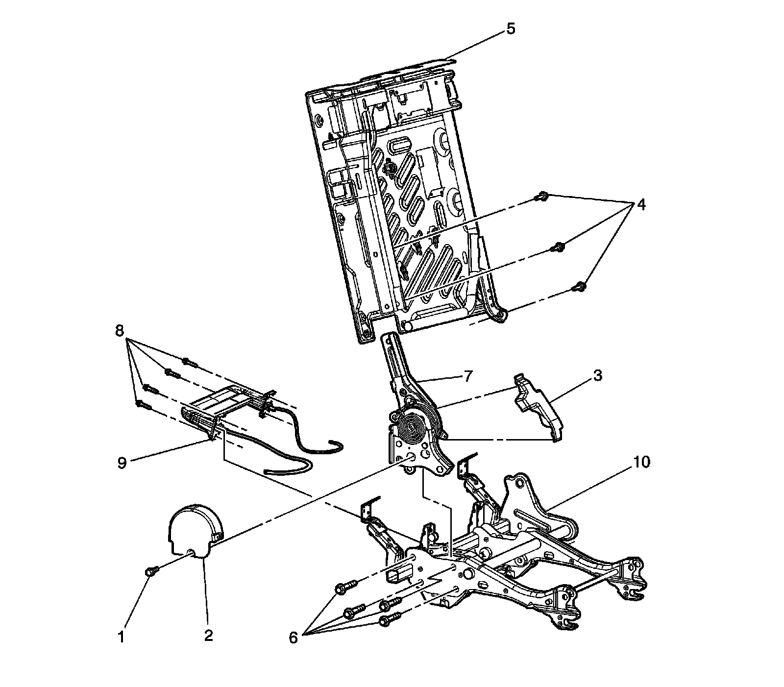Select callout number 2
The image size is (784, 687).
click(208, 636)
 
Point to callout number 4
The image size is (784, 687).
click(640, 204)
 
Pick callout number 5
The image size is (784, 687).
click(511, 29)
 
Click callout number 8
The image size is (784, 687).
click(119, 331)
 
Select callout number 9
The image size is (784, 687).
click(122, 462)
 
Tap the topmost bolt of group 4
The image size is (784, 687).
click(541, 196)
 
